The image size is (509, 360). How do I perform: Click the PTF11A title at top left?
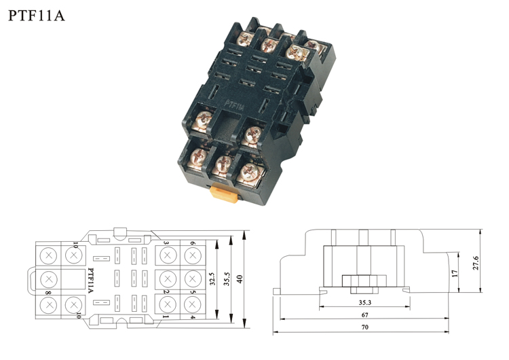(37, 16)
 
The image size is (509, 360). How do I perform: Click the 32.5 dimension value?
(212, 278)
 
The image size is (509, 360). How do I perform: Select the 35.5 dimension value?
(227, 278)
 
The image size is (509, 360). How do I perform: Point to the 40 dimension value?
(240, 279)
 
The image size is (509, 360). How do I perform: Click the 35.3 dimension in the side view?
(365, 302)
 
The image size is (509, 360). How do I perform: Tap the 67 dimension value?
(365, 315)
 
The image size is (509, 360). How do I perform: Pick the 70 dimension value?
(365, 327)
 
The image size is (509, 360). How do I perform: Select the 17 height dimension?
(455, 273)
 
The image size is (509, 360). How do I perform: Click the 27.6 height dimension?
(476, 263)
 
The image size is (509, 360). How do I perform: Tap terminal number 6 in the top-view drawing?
(193, 243)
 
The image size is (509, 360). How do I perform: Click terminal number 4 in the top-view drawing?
(193, 317)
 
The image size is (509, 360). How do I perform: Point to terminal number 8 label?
(48, 293)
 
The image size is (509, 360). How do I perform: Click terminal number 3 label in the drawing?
(166, 243)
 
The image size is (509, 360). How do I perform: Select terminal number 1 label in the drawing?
(166, 317)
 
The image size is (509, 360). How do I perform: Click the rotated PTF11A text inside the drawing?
(90, 281)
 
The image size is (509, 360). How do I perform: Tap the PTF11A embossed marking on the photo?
(234, 105)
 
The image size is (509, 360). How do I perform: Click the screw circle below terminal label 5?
(192, 304)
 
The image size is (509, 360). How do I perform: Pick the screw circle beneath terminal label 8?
(49, 305)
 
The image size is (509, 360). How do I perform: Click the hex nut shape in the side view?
(364, 281)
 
